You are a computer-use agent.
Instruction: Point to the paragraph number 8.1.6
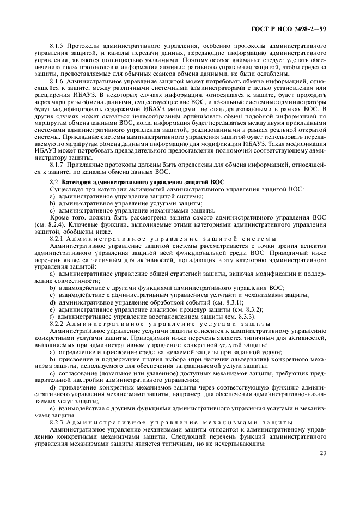57,81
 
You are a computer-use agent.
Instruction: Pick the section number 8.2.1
57,239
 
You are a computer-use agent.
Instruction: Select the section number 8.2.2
57,324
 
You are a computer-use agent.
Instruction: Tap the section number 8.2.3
57,423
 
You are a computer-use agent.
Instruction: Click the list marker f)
52,317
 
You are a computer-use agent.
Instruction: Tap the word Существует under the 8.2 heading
66,203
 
